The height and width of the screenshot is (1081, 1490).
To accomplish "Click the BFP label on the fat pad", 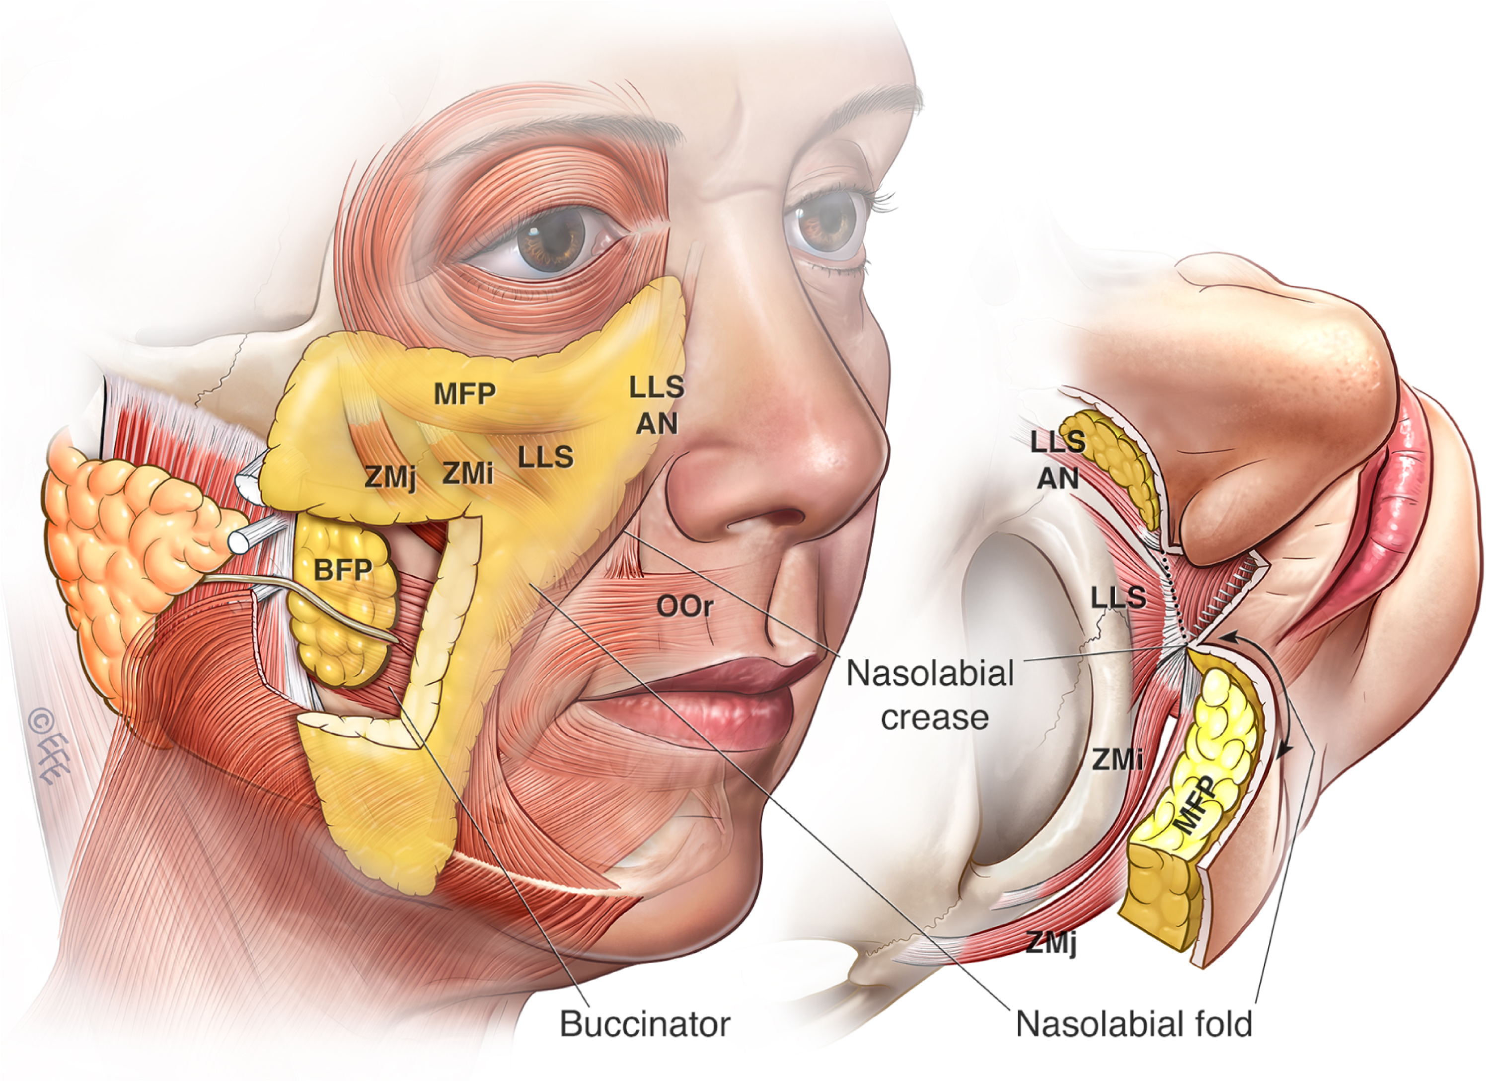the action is tap(343, 570).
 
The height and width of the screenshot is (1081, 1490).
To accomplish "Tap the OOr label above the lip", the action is tap(684, 606).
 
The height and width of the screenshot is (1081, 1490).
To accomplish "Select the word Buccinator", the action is tap(645, 1024).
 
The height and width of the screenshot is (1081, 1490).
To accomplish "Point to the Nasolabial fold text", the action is tap(1134, 1024).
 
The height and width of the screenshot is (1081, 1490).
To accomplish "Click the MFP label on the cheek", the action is tap(464, 393).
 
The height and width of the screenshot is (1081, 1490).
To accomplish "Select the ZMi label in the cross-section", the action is tap(1117, 760).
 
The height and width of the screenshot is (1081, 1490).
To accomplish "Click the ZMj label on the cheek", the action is tap(390, 476).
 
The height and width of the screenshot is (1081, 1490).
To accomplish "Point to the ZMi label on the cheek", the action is tap(468, 472).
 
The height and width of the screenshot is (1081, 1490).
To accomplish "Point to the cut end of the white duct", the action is tap(240, 541).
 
